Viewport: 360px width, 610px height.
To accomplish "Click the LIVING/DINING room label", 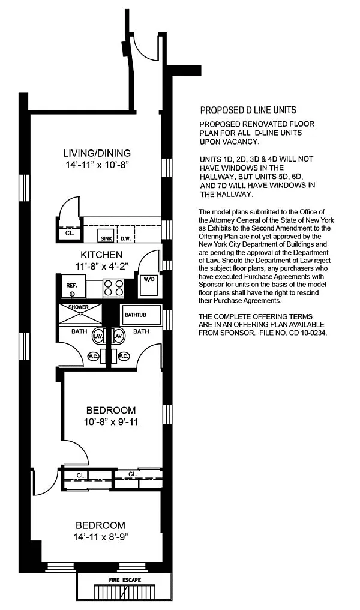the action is tap(97, 153).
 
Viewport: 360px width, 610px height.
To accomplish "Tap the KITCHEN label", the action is tap(101, 255).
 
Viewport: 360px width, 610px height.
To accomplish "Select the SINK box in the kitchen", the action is tap(106, 237).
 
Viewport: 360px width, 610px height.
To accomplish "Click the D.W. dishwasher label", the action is tap(125, 238).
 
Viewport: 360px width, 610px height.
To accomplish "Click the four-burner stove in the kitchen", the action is tap(113, 288).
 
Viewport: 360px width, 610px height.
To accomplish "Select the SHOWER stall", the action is tap(80, 313).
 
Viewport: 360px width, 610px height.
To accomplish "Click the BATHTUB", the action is tap(140, 315).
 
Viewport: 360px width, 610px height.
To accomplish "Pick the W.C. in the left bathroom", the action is tap(94, 357).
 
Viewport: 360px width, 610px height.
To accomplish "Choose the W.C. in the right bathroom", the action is tap(123, 357).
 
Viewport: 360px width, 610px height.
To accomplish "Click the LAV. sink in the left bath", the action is tap(98, 336).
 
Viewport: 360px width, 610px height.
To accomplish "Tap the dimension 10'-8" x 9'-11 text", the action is tap(111, 421).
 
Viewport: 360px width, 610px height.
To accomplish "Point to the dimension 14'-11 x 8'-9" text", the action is tap(101, 537).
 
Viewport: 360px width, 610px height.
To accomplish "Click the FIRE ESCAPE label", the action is tap(125, 580).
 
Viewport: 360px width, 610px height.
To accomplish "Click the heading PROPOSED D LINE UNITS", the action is tap(248, 110).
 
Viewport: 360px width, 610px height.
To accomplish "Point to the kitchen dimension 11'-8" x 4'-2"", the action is tap(102, 267).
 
